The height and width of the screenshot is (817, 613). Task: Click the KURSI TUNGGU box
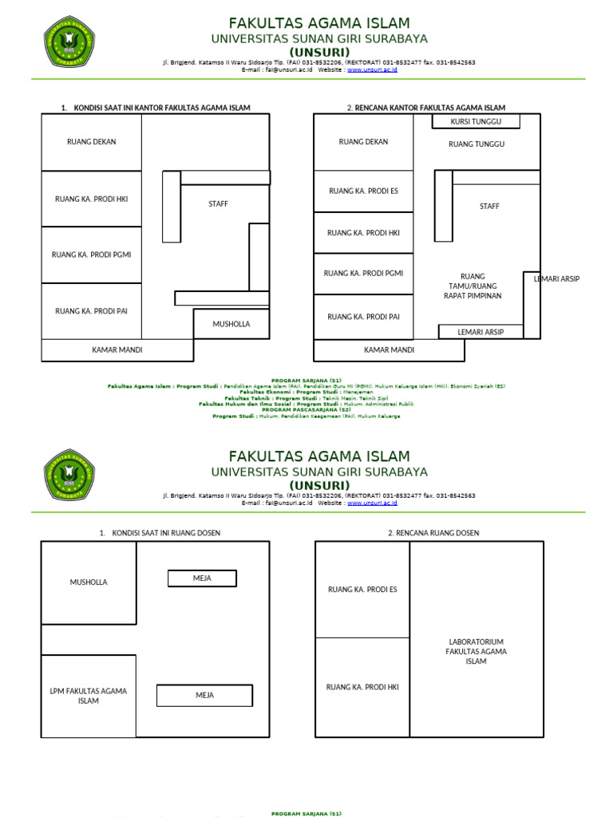pyautogui.click(x=476, y=121)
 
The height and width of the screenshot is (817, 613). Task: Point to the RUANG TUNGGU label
pyautogui.click(x=477, y=144)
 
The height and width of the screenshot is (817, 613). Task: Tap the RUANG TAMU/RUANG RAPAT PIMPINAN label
pyautogui.click(x=473, y=286)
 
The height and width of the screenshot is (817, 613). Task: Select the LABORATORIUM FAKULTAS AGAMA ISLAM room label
pyautogui.click(x=476, y=651)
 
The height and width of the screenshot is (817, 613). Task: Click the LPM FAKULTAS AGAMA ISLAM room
pyautogui.click(x=89, y=696)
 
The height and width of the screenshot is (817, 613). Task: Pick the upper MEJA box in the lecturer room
pyautogui.click(x=202, y=578)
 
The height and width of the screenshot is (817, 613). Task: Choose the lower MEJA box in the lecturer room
pyautogui.click(x=205, y=696)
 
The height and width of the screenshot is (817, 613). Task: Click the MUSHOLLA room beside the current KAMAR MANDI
pyautogui.click(x=231, y=324)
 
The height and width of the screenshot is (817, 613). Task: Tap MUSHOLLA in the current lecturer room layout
pyautogui.click(x=89, y=582)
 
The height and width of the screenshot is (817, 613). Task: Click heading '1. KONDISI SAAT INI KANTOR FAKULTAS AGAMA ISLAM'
pyautogui.click(x=156, y=108)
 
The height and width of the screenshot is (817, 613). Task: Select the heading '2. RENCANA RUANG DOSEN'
pyautogui.click(x=433, y=533)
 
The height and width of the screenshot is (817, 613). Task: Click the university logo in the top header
pyautogui.click(x=69, y=43)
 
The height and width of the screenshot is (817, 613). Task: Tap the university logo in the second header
pyautogui.click(x=69, y=476)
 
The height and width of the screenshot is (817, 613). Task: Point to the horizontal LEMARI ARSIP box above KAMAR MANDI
pyautogui.click(x=481, y=332)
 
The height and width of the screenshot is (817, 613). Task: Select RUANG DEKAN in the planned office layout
pyautogui.click(x=363, y=142)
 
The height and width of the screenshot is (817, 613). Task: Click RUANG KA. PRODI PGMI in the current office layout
pyautogui.click(x=91, y=255)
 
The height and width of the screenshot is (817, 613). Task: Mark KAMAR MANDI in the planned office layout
pyautogui.click(x=389, y=350)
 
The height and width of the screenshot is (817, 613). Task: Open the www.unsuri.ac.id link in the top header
pyautogui.click(x=372, y=70)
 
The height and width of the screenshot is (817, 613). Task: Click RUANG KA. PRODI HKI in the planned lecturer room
pyautogui.click(x=362, y=687)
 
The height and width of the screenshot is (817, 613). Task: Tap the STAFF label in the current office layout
pyautogui.click(x=218, y=204)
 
